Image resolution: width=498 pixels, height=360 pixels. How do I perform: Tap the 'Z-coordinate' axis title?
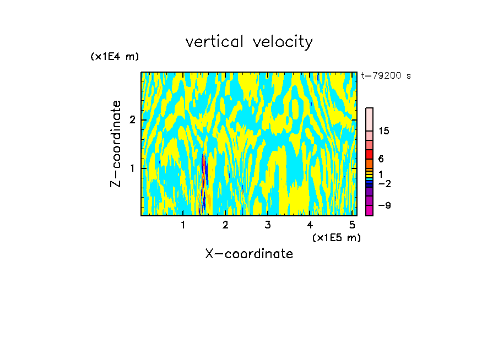116,144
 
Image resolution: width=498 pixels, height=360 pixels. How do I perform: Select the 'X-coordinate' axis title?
249,254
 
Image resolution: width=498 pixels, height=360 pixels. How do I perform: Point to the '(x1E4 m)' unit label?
115,57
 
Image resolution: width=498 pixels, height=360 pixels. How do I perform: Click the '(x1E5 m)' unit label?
336,237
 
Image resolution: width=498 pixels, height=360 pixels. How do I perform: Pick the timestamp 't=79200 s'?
386,76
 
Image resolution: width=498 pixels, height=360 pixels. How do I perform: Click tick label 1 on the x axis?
183,225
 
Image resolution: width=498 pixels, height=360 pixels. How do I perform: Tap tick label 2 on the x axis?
225,225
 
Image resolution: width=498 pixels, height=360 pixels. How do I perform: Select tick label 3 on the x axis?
267,225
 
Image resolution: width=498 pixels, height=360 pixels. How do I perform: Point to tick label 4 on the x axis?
310,225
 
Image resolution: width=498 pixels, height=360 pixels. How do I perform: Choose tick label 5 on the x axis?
352,225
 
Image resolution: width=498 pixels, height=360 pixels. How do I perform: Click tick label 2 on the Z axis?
132,120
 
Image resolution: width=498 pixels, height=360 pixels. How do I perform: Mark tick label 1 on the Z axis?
132,168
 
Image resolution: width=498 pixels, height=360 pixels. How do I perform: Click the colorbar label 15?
384,131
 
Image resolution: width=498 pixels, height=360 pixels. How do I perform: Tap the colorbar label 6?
381,159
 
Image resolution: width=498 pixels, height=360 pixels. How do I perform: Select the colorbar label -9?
384,206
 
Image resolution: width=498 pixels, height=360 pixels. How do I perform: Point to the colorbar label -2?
384,184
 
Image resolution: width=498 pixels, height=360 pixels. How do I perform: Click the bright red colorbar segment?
369,155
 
